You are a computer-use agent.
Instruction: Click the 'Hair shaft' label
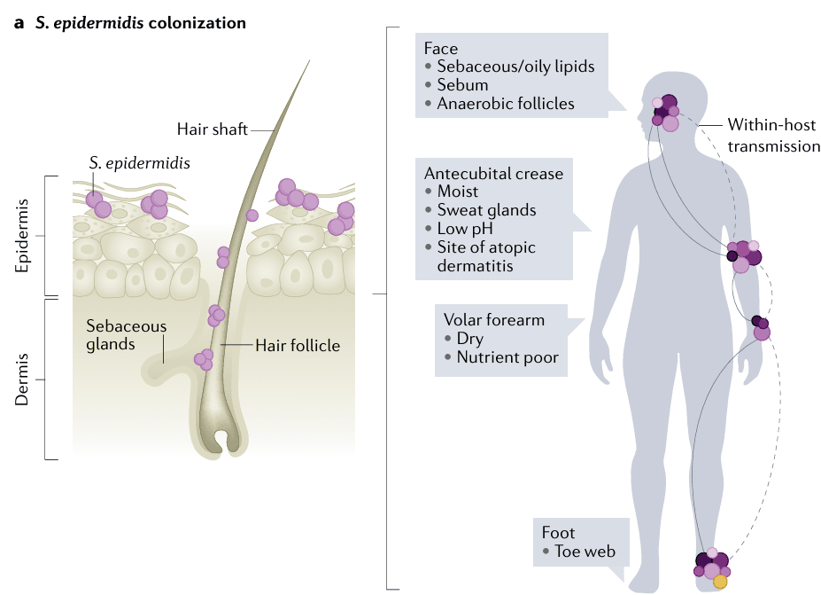[x=212, y=129]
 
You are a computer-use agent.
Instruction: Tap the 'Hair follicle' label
[x=297, y=345]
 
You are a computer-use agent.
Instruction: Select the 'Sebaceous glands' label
[x=126, y=335]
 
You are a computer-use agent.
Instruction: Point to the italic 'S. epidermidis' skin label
[x=139, y=163]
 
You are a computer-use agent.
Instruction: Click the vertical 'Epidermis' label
[x=25, y=235]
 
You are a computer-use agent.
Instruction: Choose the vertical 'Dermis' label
[x=25, y=380]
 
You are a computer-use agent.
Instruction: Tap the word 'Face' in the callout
[x=440, y=48]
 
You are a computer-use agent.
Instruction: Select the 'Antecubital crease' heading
[x=493, y=173]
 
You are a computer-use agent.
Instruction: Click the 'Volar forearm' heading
[x=494, y=320]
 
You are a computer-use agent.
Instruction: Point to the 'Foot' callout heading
[x=559, y=533]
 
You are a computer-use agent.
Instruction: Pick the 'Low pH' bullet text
[x=466, y=229]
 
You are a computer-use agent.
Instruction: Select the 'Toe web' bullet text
[x=585, y=552]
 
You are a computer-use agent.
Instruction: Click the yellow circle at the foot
[x=720, y=582]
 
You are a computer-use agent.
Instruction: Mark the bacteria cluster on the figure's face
[x=666, y=113]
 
